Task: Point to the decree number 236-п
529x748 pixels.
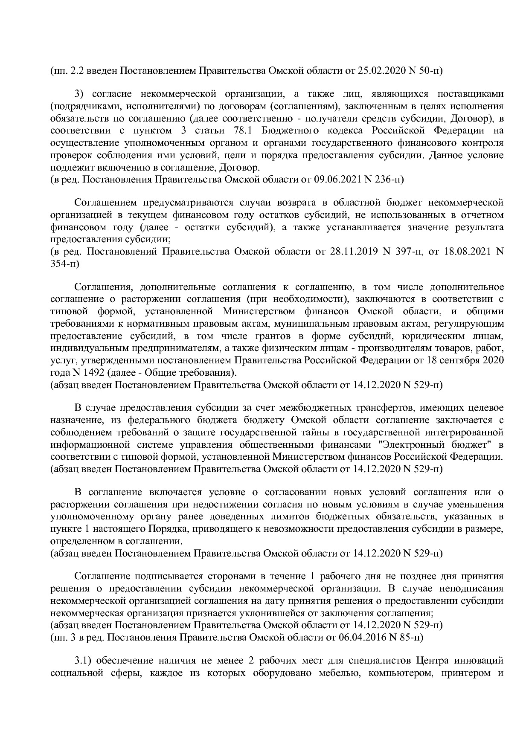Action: point(389,179)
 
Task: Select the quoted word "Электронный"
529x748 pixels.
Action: point(411,445)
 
